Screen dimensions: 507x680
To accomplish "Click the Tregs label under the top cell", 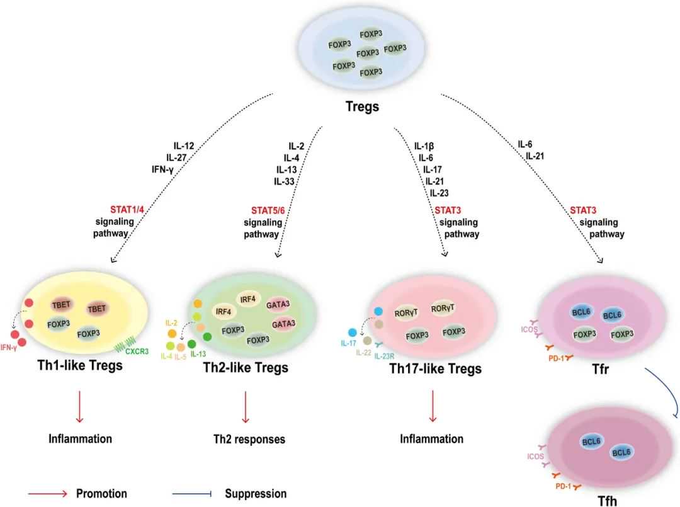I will coord(362,106).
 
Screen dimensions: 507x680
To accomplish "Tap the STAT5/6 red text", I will coord(261,210).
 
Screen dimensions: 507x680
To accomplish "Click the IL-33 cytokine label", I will coord(285,181).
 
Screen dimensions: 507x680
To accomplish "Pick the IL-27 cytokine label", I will coord(179,157).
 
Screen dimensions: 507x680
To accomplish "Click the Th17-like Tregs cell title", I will coord(434,368).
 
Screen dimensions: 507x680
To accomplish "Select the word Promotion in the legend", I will coord(101,494).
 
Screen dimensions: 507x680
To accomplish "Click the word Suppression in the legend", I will coord(256,494).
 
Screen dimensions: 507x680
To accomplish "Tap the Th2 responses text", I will coord(248,439).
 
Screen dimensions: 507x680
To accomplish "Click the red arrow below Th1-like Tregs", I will coord(79,406).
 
